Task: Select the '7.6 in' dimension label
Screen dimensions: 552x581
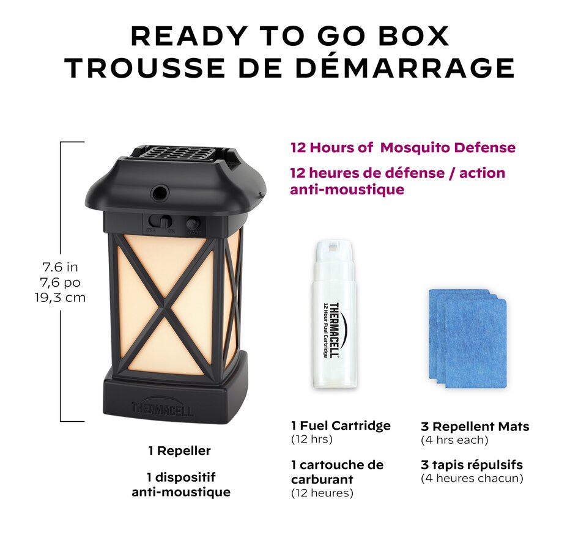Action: (x=60, y=267)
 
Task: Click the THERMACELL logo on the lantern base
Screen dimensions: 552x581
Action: (x=162, y=409)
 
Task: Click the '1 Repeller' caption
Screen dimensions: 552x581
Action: (x=179, y=451)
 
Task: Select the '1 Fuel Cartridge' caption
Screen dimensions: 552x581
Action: (x=341, y=426)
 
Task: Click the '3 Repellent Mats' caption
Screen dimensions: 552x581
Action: (x=475, y=427)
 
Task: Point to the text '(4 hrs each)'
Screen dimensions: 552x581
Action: (x=454, y=440)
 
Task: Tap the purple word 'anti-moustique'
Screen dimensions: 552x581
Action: (x=347, y=190)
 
